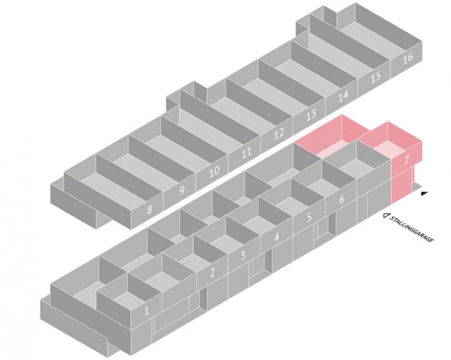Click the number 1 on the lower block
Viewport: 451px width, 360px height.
click(x=147, y=311)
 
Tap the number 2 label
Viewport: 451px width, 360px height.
click(x=212, y=272)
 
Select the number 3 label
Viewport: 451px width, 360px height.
click(x=243, y=255)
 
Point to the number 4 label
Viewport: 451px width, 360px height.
click(x=276, y=237)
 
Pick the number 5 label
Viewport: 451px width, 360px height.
click(x=309, y=217)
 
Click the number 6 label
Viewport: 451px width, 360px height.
click(x=341, y=198)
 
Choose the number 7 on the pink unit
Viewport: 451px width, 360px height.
click(x=407, y=160)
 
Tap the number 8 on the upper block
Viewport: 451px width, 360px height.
click(x=149, y=210)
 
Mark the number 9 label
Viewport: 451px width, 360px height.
click(x=181, y=191)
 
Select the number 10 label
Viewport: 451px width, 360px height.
click(x=214, y=172)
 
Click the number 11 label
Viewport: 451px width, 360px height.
click(x=246, y=153)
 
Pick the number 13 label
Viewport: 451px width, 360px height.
click(x=311, y=115)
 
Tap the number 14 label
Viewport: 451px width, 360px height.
click(x=343, y=96)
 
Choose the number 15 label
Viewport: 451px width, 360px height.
click(x=375, y=77)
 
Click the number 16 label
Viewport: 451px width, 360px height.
click(x=408, y=59)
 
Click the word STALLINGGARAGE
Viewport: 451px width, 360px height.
click(x=411, y=229)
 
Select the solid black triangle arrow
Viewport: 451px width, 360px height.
click(x=423, y=193)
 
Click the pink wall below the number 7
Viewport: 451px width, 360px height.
click(x=402, y=187)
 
